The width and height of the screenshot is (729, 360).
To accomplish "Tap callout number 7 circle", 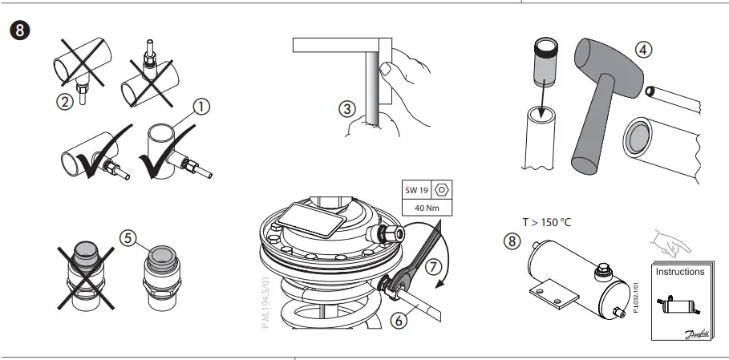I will click(x=433, y=265).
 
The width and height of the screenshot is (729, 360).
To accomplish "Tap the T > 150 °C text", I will click(x=549, y=221).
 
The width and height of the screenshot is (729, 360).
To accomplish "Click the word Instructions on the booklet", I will click(x=680, y=272).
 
